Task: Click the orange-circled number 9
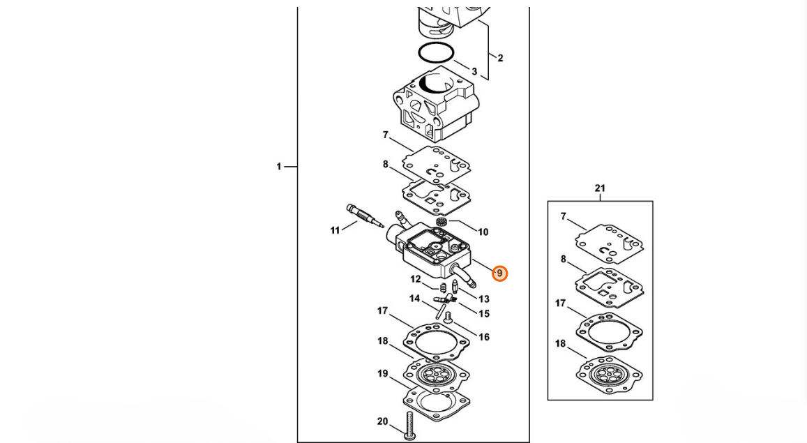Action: point(499,273)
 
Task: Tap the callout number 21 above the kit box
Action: point(600,188)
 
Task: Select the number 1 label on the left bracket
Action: point(279,167)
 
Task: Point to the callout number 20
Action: point(382,421)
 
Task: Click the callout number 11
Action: point(335,230)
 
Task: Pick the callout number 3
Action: point(474,72)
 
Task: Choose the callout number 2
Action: point(499,58)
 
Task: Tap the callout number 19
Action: point(383,373)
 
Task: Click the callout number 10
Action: point(483,232)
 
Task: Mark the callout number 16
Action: point(484,337)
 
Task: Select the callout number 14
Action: point(415,299)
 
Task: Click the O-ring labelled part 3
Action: point(437,52)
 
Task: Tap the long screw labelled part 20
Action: point(410,426)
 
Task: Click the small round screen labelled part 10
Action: point(441,222)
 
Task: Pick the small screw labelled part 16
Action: point(448,317)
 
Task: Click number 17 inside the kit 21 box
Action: point(561,303)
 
